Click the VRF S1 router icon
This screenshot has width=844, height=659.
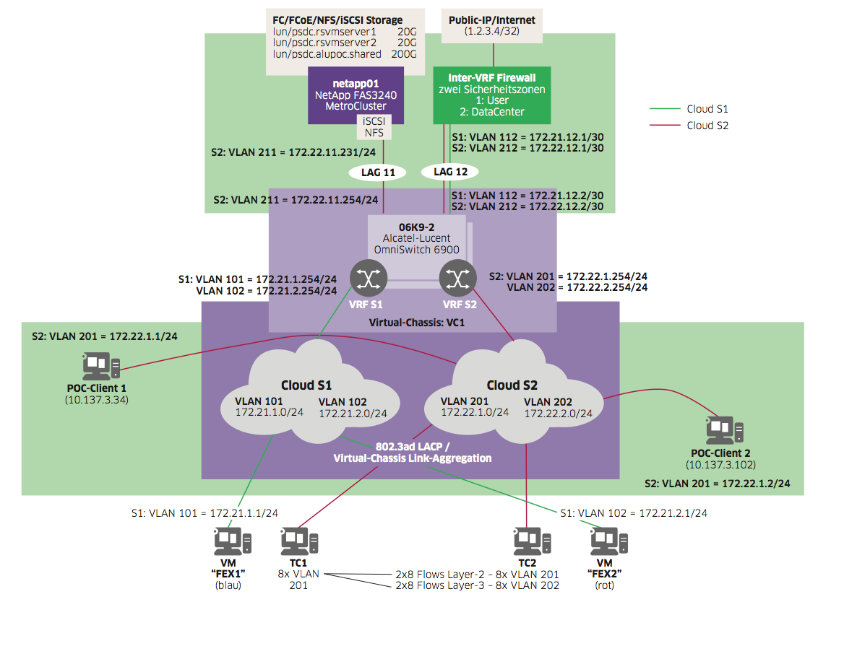coord(369,277)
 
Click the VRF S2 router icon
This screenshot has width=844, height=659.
coord(456,277)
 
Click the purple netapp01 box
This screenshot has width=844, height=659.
coord(355,95)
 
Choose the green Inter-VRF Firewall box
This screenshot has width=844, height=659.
coord(491,95)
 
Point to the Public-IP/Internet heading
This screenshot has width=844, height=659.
coord(492,20)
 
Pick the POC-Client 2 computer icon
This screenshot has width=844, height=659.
coord(723,429)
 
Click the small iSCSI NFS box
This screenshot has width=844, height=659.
coord(374,127)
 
